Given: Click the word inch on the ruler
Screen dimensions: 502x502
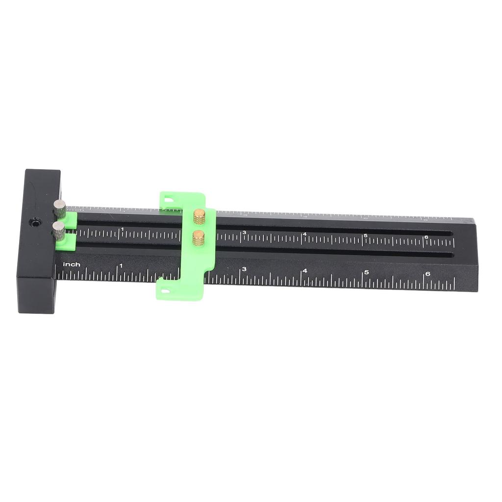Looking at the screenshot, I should [x=72, y=265].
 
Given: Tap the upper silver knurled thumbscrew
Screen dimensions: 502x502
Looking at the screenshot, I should [x=60, y=209].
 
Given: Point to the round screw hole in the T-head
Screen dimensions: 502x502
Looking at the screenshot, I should [x=35, y=223].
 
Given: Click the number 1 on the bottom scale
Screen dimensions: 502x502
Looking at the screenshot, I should [x=121, y=266].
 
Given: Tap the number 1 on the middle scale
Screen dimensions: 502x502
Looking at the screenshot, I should [x=122, y=229].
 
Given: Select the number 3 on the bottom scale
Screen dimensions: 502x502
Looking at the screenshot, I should [x=244, y=269].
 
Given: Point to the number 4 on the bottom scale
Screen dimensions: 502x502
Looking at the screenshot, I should [x=304, y=271].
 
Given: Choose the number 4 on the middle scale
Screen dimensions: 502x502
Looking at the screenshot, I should [x=305, y=234].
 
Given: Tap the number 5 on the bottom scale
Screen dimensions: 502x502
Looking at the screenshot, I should [x=366, y=272].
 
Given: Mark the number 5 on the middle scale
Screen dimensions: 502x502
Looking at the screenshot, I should [x=366, y=236].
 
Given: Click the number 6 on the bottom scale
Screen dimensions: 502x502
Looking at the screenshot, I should [x=427, y=274].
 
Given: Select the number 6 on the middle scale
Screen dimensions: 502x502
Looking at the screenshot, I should [x=426, y=237].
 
